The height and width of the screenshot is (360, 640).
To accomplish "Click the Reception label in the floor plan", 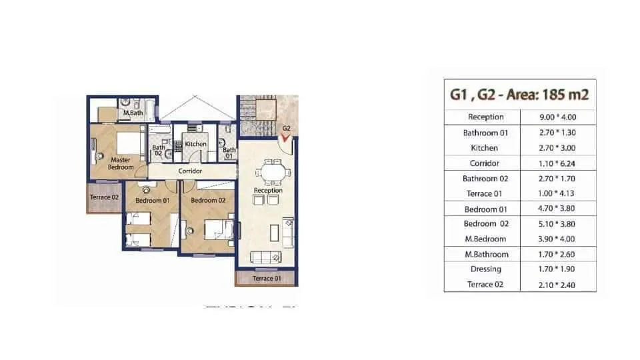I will point(268,191).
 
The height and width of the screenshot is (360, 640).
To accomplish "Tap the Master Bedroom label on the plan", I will point(121,163).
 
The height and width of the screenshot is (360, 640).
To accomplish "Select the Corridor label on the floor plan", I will point(190,171).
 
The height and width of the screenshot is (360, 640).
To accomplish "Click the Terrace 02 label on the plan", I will point(105,197).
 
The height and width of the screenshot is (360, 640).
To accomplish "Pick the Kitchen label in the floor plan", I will point(196,144).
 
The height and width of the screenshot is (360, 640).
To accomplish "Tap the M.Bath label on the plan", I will point(133,113).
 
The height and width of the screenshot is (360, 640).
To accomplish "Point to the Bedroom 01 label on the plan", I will point(153,200).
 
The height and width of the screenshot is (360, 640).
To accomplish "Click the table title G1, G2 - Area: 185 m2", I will point(519,95).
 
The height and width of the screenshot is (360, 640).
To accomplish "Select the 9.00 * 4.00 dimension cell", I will point(557,117).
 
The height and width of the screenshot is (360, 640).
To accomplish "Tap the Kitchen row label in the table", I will point(485,148).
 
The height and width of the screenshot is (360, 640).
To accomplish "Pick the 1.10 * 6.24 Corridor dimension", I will point(557,163).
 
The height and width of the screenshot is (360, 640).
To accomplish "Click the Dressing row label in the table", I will point(485,269).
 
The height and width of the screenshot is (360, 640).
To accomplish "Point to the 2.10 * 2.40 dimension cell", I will point(557,285).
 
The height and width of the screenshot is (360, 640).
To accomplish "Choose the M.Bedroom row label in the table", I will point(485,239).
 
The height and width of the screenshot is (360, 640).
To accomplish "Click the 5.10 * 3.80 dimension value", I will point(557,224).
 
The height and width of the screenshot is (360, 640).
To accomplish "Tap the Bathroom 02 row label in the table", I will point(485,179).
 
